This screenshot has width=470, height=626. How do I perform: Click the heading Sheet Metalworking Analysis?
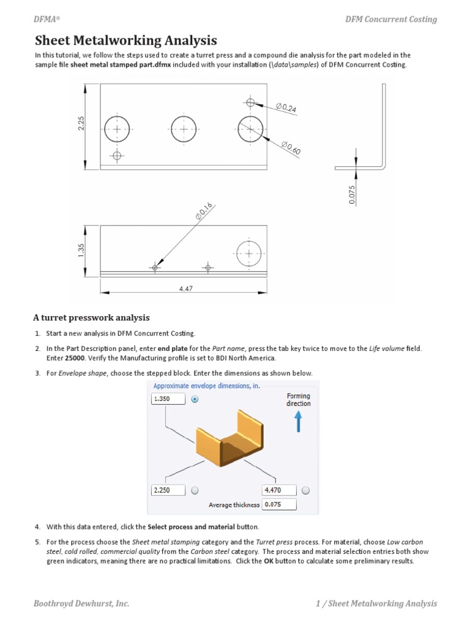coord(125,41)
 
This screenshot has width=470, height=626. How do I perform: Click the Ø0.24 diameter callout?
coord(286,109)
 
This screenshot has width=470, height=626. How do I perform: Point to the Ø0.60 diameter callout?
coord(291,147)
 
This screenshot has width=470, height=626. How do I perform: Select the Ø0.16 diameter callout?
coord(204,210)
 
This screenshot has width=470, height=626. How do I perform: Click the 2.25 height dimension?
coord(81,124)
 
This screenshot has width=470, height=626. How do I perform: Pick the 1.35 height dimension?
coord(81,250)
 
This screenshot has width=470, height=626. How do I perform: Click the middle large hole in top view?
coord(184,129)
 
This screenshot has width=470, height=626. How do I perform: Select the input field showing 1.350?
coord(168,399)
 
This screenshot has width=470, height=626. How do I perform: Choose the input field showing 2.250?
coord(168,490)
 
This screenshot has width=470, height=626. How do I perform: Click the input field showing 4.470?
coord(279,490)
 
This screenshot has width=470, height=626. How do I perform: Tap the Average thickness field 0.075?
coord(279,505)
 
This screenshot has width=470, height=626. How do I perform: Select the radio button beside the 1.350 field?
coord(195,399)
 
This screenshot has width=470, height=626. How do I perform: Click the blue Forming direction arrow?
coord(299,422)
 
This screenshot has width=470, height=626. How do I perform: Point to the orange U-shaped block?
coord(223,443)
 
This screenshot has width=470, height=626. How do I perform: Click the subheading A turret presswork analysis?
coord(91,318)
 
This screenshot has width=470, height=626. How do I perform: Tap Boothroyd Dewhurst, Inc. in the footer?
coord(81,603)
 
